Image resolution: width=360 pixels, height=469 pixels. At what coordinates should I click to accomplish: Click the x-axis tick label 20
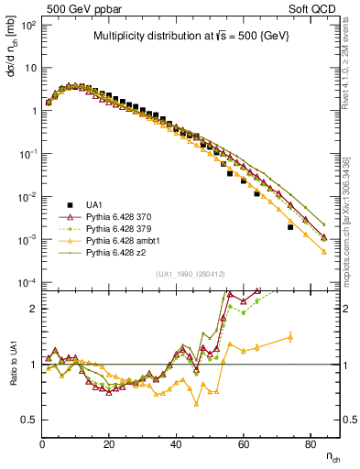click(x=109, y=444)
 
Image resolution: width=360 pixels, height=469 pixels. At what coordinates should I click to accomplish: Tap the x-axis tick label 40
click(x=176, y=444)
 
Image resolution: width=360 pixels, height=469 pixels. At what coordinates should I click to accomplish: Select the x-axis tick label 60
click(x=243, y=444)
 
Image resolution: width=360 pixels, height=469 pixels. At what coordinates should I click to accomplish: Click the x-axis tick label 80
click(x=310, y=444)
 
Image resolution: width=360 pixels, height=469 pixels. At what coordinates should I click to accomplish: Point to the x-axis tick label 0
click(x=42, y=444)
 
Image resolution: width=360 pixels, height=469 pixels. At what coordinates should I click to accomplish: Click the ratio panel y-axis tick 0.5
click(x=30, y=420)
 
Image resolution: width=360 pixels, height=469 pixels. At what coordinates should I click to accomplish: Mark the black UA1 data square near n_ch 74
click(x=289, y=227)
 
